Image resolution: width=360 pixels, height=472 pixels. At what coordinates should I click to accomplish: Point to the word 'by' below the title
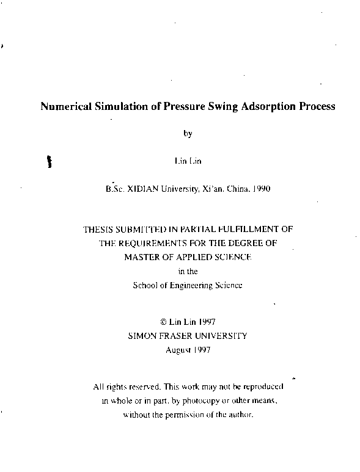pos(188,134)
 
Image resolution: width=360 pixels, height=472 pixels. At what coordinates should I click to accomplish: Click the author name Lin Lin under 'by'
pos(187,161)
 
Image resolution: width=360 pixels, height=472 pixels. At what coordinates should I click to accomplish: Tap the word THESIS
pos(98,230)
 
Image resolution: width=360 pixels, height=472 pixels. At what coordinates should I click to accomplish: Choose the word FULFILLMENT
pos(257,230)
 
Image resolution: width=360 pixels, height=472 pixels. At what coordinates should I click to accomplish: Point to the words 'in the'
pos(188,270)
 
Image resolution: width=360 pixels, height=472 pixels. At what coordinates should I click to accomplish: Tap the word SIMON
pos(142,335)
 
